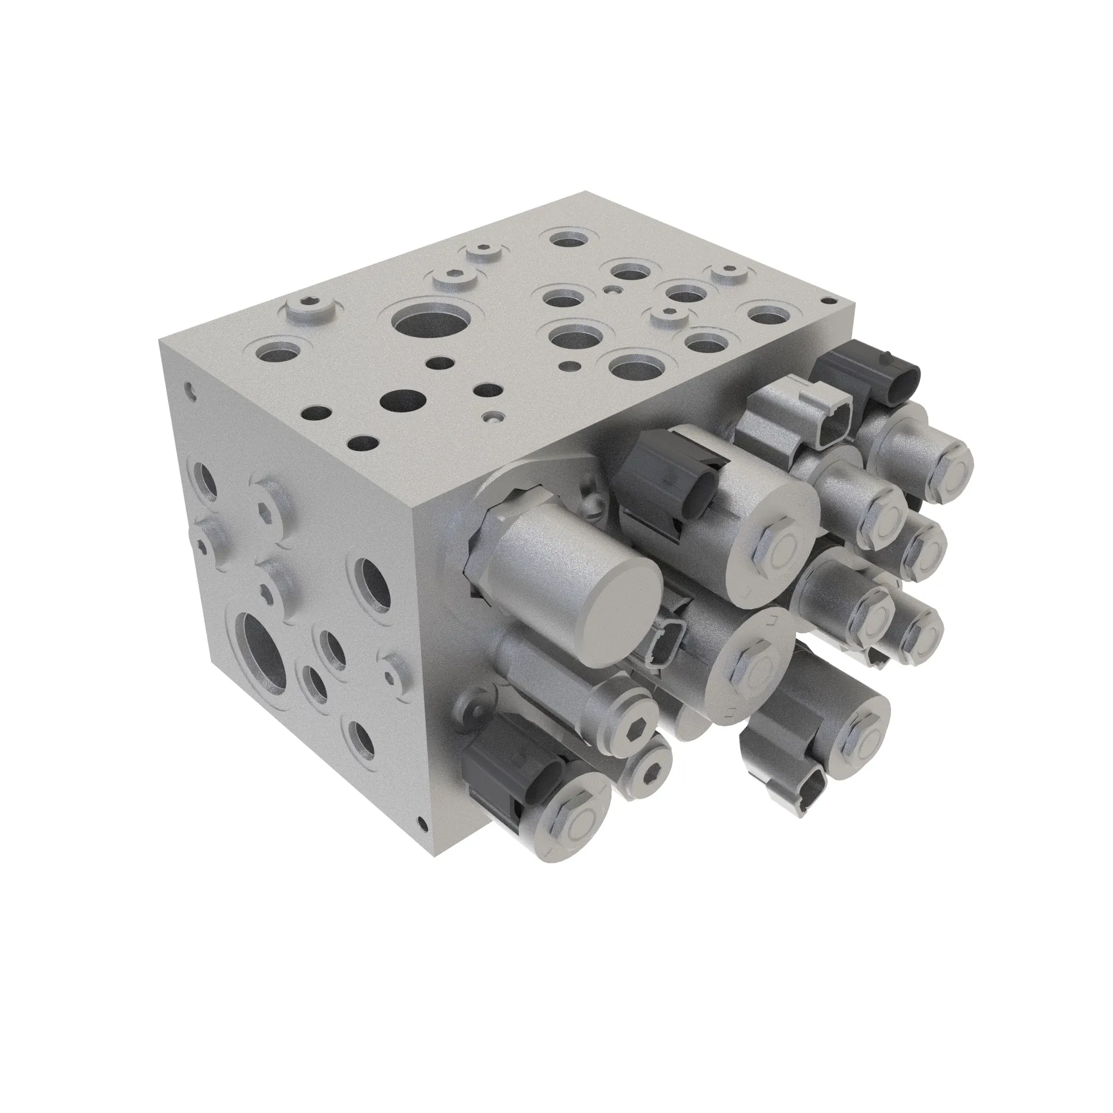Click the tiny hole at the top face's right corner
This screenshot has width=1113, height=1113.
(830, 299)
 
